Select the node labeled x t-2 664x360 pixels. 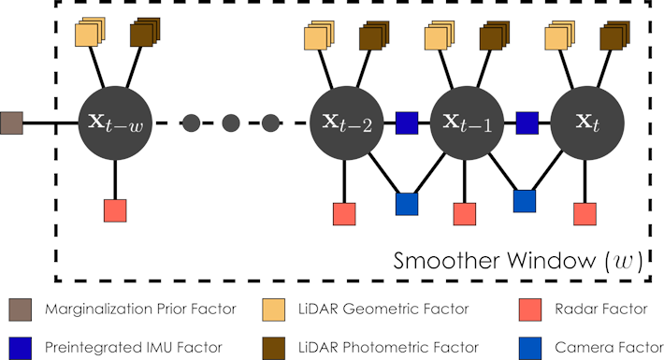346,123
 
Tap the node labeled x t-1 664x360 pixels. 466,123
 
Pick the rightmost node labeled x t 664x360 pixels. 585,123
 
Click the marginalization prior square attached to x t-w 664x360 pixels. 12,123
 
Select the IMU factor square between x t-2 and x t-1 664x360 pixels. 407,123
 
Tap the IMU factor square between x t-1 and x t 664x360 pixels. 527,123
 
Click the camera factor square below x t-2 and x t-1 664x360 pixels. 407,204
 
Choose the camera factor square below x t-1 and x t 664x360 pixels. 526,200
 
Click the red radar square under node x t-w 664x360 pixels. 115,210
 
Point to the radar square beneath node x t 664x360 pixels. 585,214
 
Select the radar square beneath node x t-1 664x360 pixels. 465,214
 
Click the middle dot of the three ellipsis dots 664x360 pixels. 231,123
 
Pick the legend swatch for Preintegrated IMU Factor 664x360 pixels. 19,346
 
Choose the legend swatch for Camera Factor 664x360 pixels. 530,346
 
